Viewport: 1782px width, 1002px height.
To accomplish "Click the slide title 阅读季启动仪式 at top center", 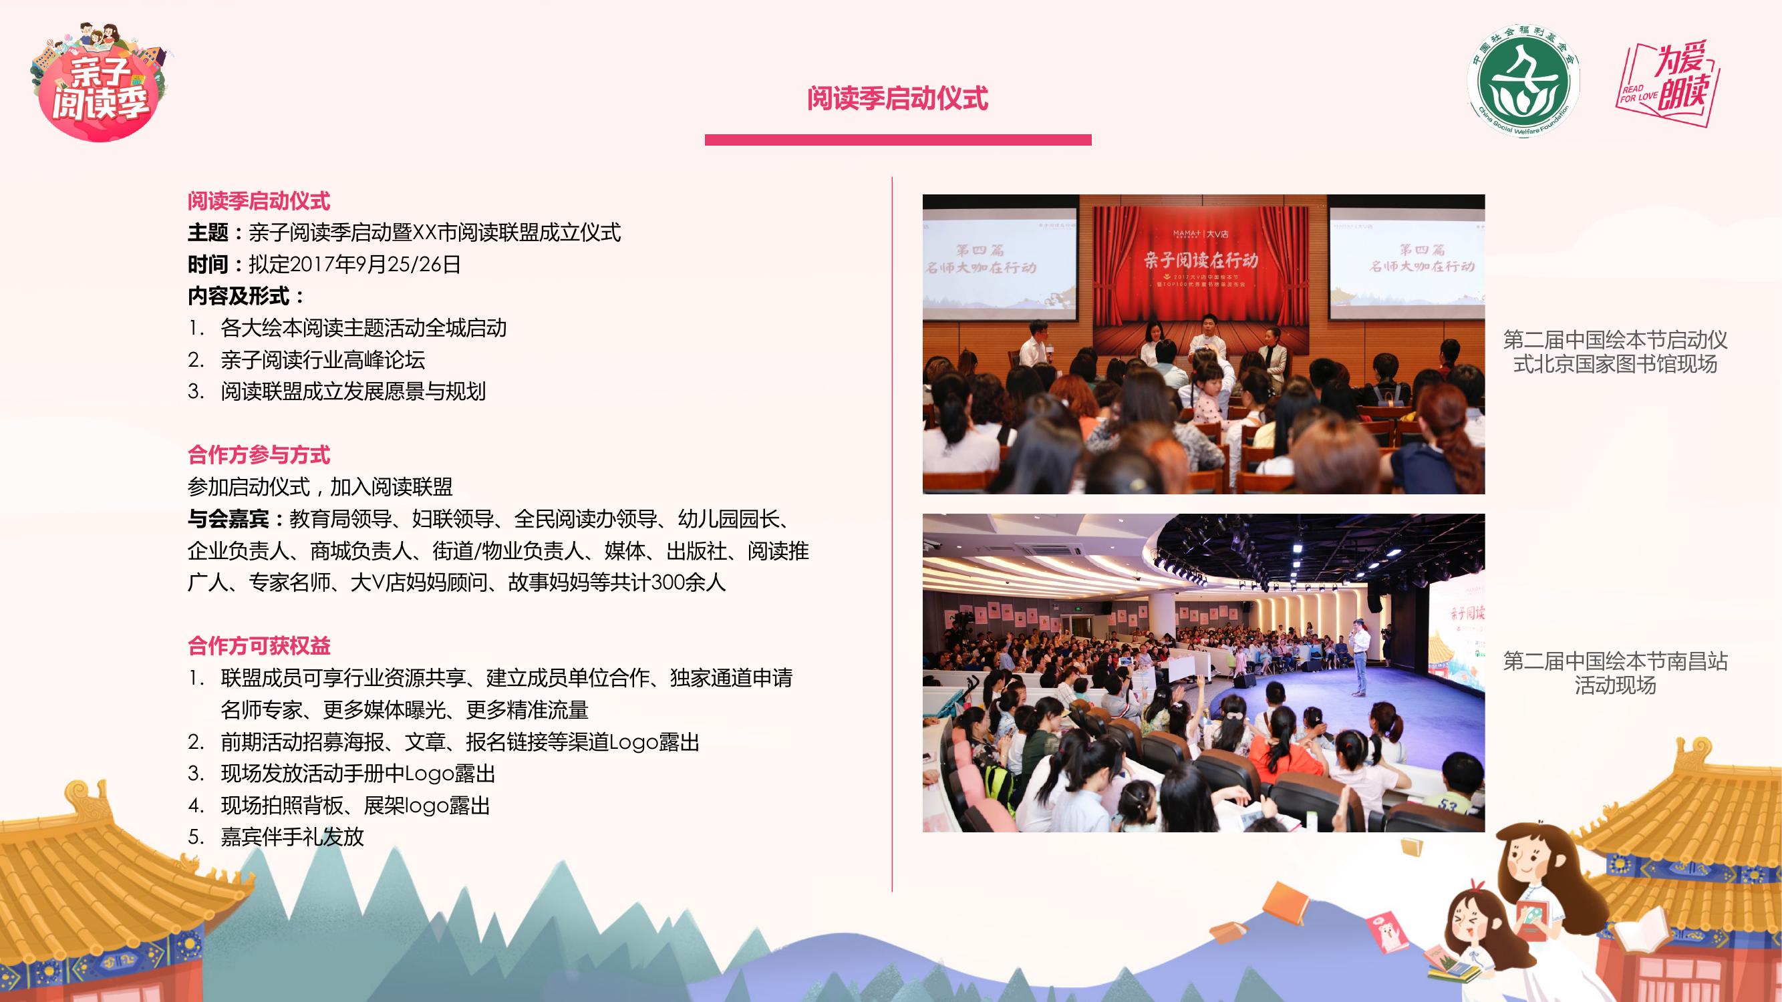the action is click(897, 98).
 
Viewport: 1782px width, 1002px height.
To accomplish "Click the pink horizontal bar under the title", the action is click(898, 140).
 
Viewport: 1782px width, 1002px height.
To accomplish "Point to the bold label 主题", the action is click(208, 232).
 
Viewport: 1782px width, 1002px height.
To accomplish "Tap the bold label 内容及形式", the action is click(239, 296).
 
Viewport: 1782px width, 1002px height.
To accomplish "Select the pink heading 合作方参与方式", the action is click(259, 455).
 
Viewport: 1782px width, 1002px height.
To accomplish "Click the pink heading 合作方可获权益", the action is click(259, 646).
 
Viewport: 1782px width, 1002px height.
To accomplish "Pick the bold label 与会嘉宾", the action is click(229, 518).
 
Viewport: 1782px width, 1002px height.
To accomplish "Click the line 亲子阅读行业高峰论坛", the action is click(322, 359).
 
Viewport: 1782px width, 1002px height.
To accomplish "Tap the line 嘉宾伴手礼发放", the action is click(292, 837).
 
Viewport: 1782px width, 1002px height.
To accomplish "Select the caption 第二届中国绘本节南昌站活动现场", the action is click(1615, 673).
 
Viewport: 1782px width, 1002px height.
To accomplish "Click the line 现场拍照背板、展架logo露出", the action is click(355, 805).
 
